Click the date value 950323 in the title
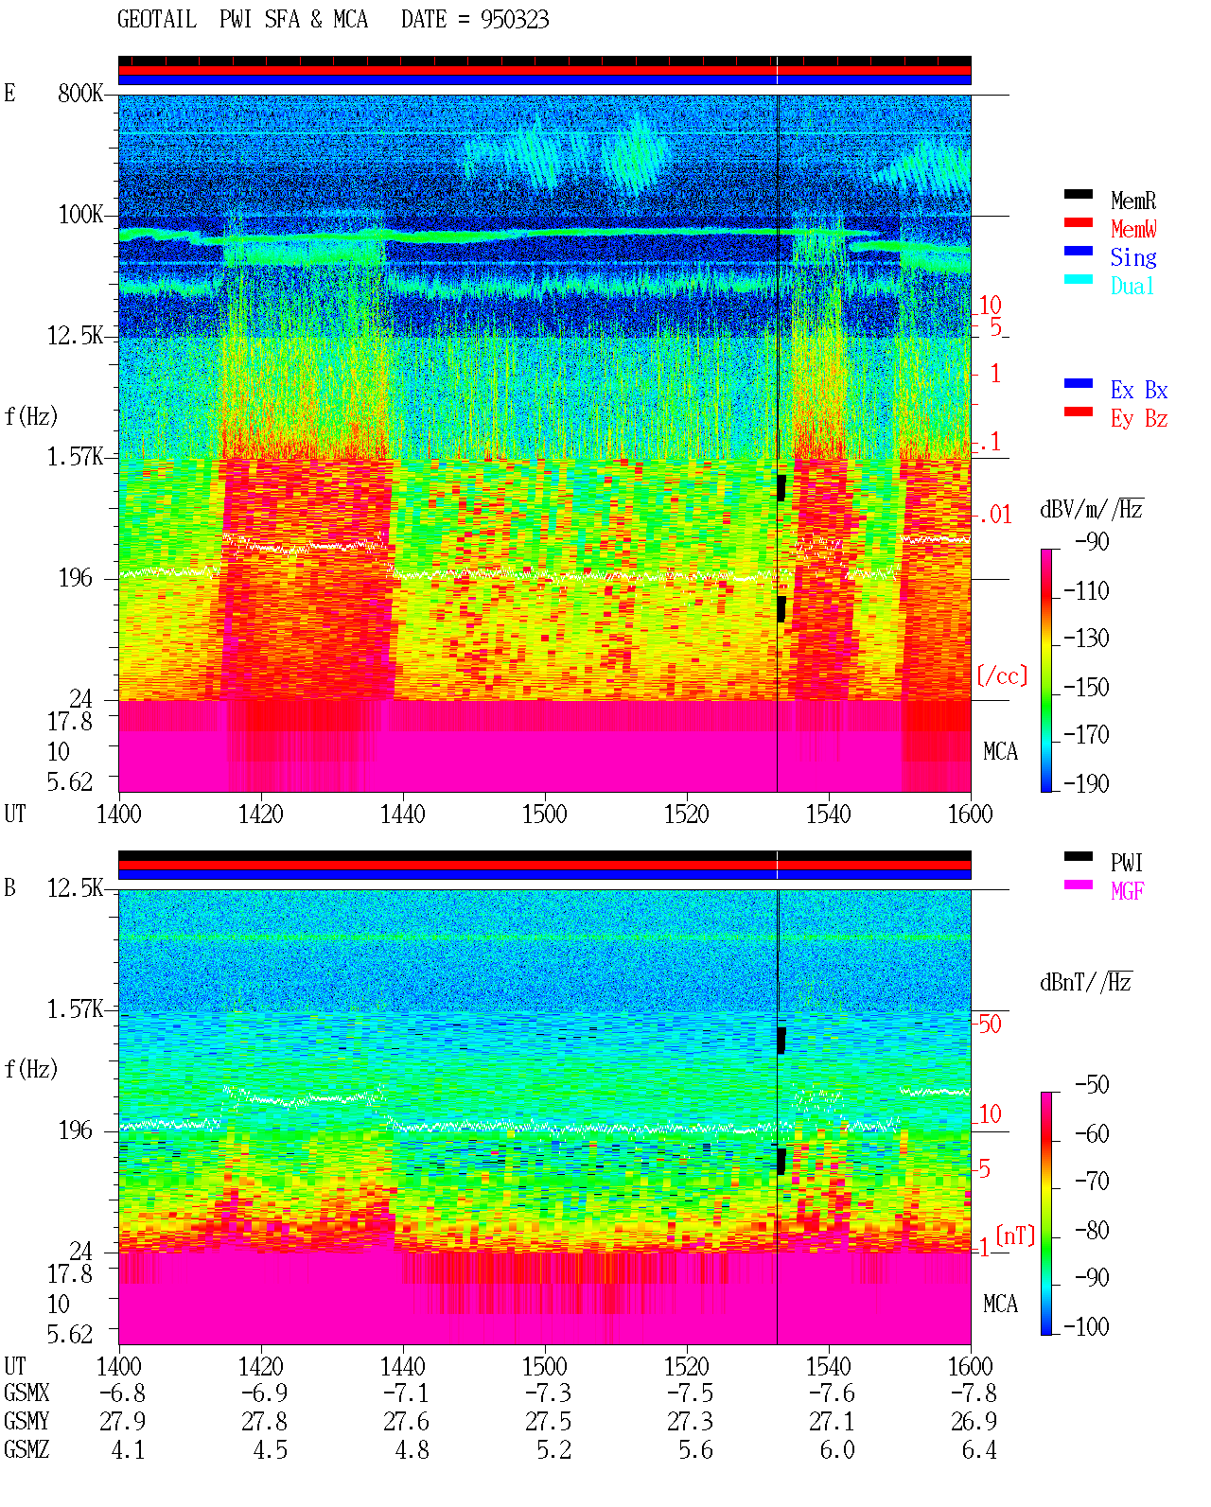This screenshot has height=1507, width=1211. (x=514, y=20)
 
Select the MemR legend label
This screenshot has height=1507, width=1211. (x=1132, y=201)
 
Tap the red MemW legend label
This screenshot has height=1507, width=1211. (x=1133, y=229)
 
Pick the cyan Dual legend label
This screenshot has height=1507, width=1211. (x=1132, y=286)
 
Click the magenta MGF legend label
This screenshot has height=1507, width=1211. (x=1127, y=891)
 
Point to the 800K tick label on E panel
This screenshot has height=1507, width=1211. (x=80, y=93)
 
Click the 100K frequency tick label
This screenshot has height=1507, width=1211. (x=80, y=215)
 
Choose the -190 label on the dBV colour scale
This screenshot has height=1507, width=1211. (x=1086, y=783)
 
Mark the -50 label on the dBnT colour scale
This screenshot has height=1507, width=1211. (x=1092, y=1085)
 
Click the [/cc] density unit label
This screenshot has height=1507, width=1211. (x=1002, y=675)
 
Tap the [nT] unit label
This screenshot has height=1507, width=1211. (x=1015, y=1235)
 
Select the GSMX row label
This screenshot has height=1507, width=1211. (x=26, y=1393)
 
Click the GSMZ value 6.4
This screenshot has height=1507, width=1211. (x=979, y=1449)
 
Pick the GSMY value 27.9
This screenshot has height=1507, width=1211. (x=123, y=1422)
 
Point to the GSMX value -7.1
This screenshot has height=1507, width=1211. (x=406, y=1393)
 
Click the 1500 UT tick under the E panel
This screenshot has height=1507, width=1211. (x=544, y=814)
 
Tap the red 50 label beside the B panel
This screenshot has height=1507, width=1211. (x=990, y=1024)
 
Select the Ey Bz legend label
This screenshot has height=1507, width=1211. (x=1139, y=419)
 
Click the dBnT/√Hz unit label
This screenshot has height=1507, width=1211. (x=1086, y=983)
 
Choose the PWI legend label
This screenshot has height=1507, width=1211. (x=1126, y=863)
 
